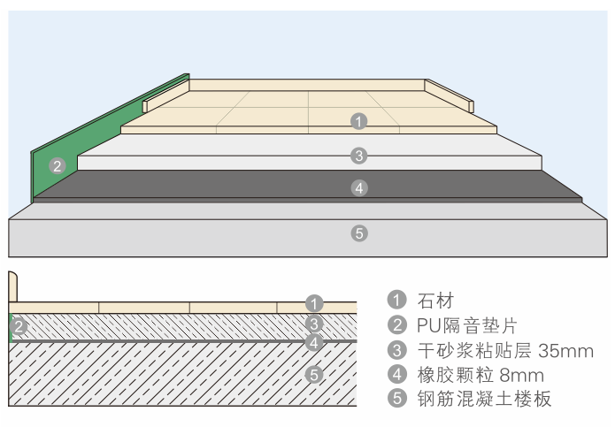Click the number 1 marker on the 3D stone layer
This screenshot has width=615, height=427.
pos(358,121)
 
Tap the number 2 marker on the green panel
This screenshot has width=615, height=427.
pos(57,165)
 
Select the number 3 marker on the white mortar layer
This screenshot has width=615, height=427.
pos(358,156)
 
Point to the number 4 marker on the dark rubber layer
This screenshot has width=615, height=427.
pos(358,187)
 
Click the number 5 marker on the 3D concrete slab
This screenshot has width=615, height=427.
pos(358,233)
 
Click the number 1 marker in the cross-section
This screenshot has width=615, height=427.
pos(314,303)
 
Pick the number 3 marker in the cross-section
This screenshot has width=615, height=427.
pos(314,324)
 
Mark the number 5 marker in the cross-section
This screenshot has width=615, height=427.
pos(314,375)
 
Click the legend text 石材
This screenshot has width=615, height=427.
pos(434,300)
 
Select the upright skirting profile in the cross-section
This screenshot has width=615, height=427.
pos(13,289)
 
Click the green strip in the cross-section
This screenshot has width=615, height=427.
pos(11,326)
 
